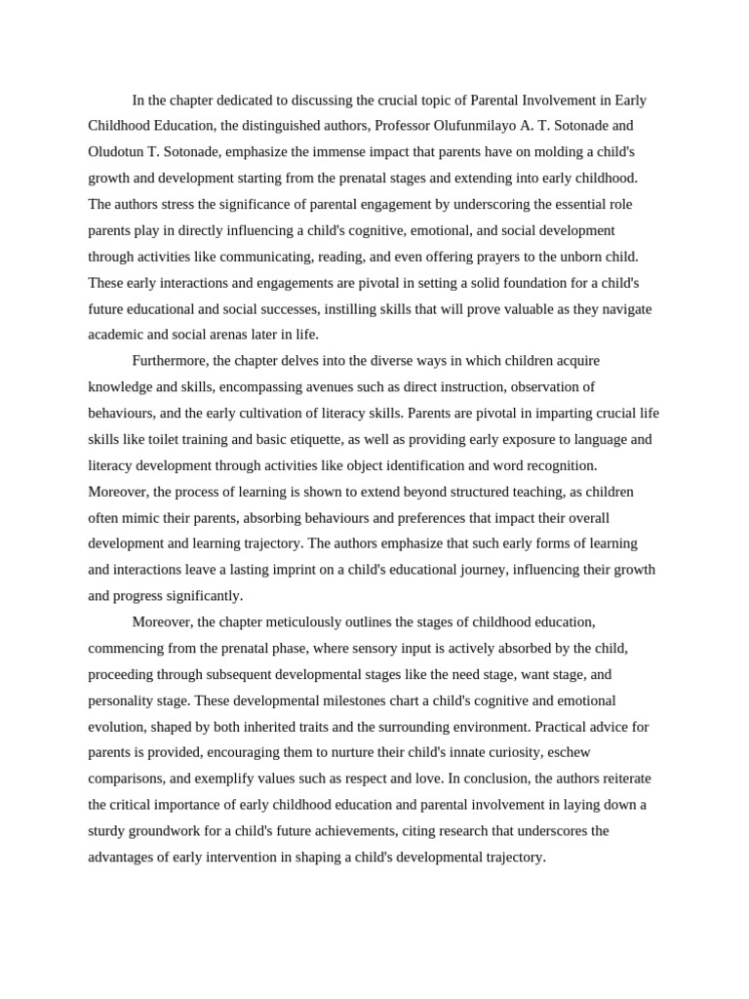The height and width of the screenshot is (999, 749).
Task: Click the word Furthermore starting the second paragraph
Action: pyautogui.click(x=170, y=361)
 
